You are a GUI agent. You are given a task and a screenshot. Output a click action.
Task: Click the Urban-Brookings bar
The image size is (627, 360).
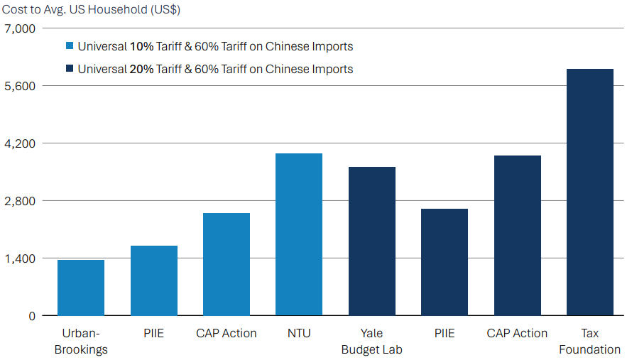81,288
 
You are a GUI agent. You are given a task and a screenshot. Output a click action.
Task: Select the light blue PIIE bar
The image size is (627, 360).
154,280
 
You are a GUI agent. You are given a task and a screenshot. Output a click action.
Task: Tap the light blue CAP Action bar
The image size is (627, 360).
227,264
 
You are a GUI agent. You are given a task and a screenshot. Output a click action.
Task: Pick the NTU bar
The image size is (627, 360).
299,234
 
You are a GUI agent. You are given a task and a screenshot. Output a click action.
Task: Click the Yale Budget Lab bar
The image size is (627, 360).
372,241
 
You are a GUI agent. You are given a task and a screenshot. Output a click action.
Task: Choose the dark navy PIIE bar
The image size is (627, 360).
445,262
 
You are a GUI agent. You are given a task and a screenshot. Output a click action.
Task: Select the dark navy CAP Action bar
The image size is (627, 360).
518,235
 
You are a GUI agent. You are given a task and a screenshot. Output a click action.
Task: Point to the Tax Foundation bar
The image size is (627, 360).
590,192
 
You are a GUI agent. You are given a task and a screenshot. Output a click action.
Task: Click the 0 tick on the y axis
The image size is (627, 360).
31,316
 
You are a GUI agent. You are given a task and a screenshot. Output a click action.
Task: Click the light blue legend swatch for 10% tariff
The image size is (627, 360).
70,47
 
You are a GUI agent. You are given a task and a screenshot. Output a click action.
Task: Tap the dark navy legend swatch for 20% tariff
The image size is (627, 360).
70,70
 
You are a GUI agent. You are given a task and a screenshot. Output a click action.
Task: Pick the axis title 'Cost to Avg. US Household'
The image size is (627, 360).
90,9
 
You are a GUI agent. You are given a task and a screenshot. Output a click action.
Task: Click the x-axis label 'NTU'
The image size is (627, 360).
299,333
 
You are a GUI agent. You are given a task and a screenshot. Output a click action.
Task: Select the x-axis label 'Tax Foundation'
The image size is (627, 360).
590,341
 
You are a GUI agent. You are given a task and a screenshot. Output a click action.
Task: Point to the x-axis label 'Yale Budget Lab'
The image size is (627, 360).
372,341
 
